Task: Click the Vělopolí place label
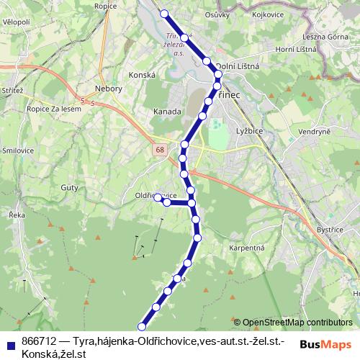click(15, 22)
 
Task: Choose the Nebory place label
click(109, 89)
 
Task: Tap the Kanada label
click(166, 112)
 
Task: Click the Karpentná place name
click(247, 248)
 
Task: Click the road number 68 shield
click(158, 150)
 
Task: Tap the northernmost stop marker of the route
click(164, 13)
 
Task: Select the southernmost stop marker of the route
click(142, 327)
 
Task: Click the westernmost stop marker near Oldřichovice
click(158, 197)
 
